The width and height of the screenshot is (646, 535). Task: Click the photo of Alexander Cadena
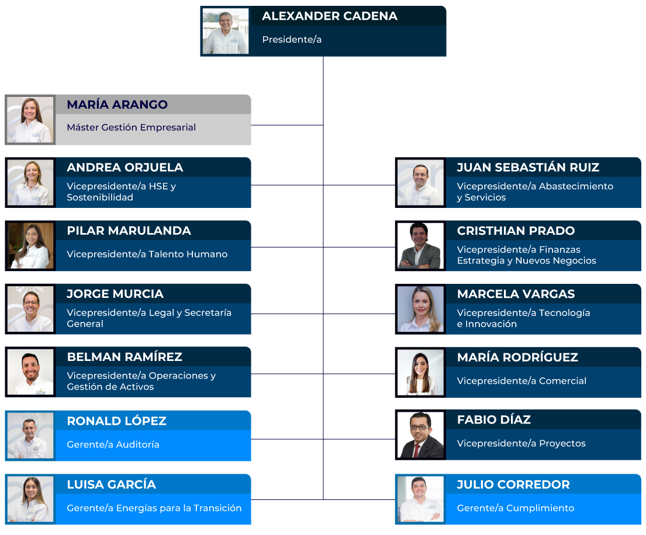click(x=226, y=32)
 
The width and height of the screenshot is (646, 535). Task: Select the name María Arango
click(x=117, y=105)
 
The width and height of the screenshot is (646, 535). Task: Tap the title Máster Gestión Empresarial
click(x=131, y=127)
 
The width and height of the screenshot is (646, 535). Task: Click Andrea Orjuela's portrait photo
click(x=30, y=183)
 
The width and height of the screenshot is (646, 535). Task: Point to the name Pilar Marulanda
click(x=129, y=231)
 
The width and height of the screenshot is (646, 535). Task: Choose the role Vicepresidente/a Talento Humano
click(x=147, y=254)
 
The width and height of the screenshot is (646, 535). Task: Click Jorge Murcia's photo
click(x=30, y=309)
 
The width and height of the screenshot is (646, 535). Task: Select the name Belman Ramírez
click(x=125, y=357)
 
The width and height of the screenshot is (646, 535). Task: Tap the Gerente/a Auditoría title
click(x=113, y=444)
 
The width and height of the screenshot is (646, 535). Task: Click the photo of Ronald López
click(x=30, y=436)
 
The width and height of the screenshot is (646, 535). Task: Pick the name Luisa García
click(x=111, y=485)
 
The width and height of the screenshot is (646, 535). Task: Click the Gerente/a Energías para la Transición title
click(x=154, y=508)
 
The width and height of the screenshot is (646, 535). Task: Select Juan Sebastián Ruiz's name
click(x=528, y=168)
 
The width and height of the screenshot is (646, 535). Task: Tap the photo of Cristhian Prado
click(x=420, y=246)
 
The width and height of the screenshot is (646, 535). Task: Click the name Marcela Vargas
click(x=516, y=294)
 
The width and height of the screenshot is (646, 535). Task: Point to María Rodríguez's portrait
click(x=420, y=373)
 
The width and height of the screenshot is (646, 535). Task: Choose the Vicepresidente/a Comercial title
click(x=521, y=381)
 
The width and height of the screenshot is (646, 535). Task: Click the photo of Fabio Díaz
click(x=420, y=435)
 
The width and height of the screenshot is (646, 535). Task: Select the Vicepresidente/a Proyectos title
click(x=521, y=443)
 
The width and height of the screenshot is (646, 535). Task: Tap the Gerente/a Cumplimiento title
click(x=515, y=508)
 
